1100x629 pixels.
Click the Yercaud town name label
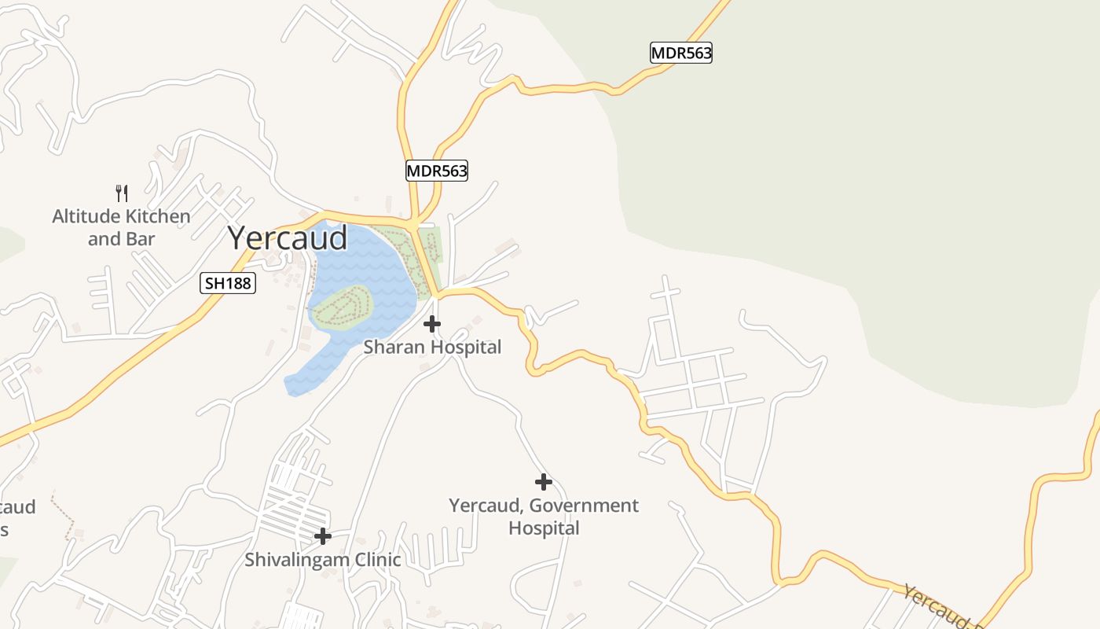pos(288,238)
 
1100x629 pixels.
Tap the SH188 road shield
pos(228,283)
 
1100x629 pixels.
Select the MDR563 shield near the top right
pos(681,53)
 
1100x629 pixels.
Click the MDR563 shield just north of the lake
pos(437,171)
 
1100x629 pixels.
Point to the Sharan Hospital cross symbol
pos(431,324)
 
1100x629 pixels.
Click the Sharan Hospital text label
pos(431,347)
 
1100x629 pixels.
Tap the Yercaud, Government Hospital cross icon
pos(543,482)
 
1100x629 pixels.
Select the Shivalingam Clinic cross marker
pos(322,537)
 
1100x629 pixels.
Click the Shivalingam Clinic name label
pos(322,560)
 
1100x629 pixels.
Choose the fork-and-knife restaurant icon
pos(122,193)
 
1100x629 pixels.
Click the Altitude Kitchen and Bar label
pos(121,227)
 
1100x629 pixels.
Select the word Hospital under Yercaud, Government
pos(544,528)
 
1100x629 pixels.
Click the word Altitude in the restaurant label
pos(86,216)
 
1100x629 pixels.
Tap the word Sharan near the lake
pos(394,347)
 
